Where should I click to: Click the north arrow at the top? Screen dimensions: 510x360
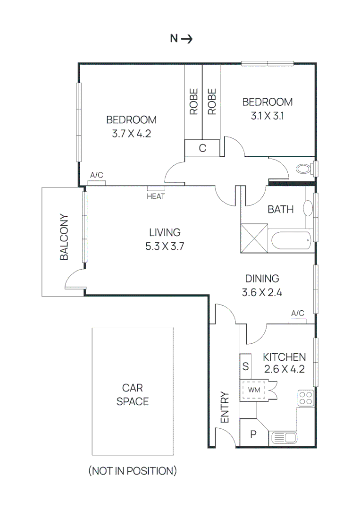coord(186,39)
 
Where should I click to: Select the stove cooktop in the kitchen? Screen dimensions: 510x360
coord(306,398)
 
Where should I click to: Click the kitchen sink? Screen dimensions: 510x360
coord(283,438)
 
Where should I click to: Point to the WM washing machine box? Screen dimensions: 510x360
coord(254,391)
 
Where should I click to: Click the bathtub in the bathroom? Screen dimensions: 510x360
coord(290,240)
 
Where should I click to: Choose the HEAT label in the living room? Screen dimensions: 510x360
coord(156,196)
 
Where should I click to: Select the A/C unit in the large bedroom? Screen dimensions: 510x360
coord(97,182)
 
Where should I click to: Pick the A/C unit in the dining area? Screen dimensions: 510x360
coord(298,320)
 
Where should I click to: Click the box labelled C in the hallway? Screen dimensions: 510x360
coord(202,148)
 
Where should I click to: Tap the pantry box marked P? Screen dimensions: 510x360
coord(253,434)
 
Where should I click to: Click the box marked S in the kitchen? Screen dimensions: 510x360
coord(245,366)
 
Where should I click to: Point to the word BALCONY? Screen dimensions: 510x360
coord(64,238)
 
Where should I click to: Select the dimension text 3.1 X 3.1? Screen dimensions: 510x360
coord(267,115)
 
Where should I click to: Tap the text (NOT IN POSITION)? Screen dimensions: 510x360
coord(133,471)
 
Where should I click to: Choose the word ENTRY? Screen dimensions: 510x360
coord(225,407)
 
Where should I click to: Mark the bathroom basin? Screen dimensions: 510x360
coord(308,208)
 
